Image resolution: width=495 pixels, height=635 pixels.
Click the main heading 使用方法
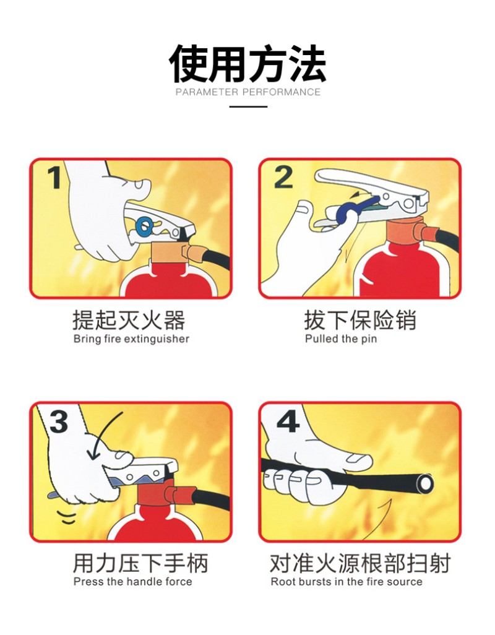tap(247, 64)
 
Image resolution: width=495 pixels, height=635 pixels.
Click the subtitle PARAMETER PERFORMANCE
tap(247, 92)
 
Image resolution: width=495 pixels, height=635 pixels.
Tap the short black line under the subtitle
tap(248, 106)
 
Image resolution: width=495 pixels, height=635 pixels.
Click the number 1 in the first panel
tap(54, 178)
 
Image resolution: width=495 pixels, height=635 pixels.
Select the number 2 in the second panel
tap(283, 177)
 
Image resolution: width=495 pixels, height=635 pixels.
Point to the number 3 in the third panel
tap(58, 421)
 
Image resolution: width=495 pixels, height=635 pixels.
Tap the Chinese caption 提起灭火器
tap(129, 321)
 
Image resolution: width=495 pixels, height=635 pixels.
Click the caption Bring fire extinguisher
tap(131, 339)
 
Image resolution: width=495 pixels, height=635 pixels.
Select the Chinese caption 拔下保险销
tap(360, 321)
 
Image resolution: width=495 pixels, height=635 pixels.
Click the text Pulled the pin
tap(340, 339)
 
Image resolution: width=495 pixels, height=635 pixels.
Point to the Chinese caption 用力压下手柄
tap(140, 563)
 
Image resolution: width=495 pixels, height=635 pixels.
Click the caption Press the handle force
tap(132, 582)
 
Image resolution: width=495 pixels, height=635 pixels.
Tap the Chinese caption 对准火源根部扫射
tap(360, 563)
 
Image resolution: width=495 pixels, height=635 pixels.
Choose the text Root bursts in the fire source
tap(346, 582)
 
